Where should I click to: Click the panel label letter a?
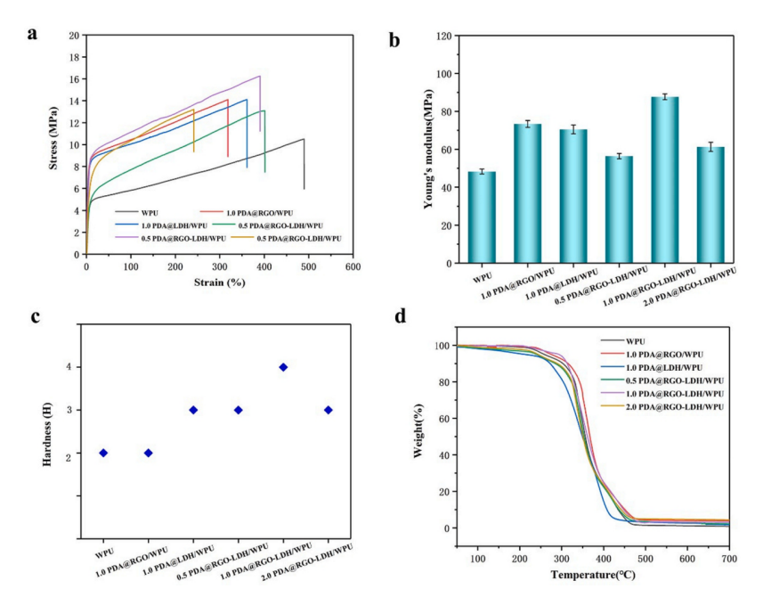point(33,35)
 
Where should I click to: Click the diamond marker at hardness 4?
point(283,367)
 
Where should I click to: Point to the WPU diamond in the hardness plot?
point(103,453)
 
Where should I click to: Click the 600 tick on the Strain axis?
point(353,267)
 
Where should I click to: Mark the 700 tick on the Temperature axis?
point(728,558)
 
